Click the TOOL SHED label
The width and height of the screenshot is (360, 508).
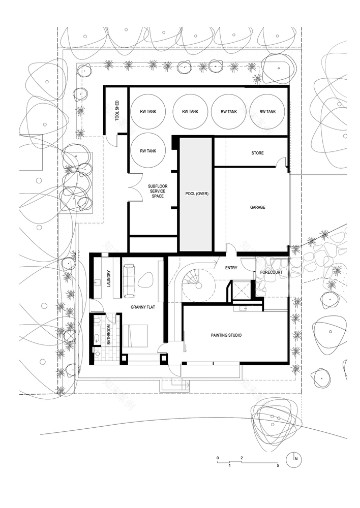(117, 111)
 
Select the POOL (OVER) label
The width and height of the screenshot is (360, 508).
(197, 194)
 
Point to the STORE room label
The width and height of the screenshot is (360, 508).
(257, 153)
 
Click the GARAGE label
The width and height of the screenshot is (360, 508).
(257, 207)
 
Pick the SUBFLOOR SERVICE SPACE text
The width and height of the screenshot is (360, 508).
(158, 191)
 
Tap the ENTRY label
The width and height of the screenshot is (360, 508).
(231, 268)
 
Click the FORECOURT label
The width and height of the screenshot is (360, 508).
(272, 272)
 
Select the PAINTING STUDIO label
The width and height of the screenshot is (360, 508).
(226, 335)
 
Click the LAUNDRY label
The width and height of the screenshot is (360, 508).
(109, 279)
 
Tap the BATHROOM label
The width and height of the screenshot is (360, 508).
(109, 334)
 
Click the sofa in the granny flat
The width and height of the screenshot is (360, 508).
(129, 281)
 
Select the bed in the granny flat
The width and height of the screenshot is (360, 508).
(135, 336)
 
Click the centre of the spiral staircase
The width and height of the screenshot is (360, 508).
(198, 285)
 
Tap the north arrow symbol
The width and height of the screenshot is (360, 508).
(293, 459)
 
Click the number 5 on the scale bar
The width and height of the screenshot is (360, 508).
(278, 465)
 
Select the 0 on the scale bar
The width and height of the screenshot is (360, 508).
(218, 458)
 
